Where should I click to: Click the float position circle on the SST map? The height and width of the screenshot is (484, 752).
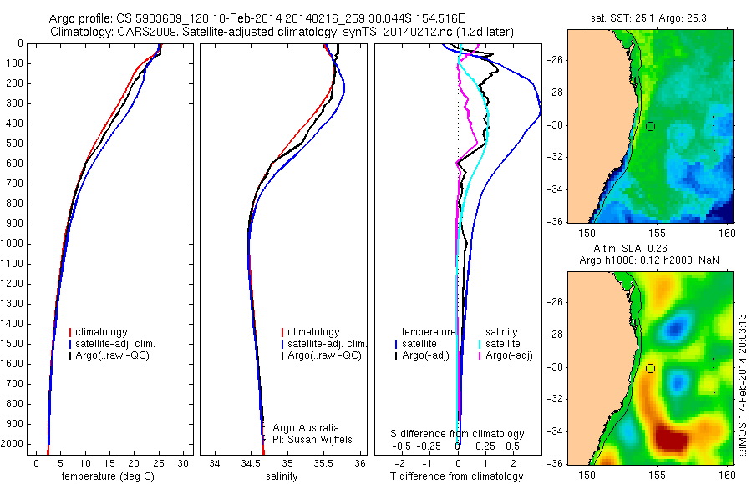[650, 126]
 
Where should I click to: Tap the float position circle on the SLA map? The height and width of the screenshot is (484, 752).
[650, 368]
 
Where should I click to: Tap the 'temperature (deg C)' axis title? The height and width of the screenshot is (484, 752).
[109, 476]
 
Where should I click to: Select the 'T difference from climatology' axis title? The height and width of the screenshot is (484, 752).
[457, 476]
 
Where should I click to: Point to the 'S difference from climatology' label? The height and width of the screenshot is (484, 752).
[458, 434]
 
